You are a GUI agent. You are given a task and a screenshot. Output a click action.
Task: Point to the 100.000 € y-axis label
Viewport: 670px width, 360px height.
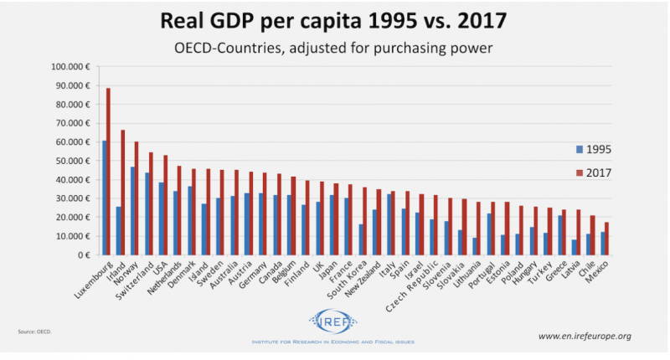pyautogui.click(x=73, y=67)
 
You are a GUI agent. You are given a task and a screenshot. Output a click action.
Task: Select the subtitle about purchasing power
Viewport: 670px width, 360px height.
pyautogui.click(x=335, y=48)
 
